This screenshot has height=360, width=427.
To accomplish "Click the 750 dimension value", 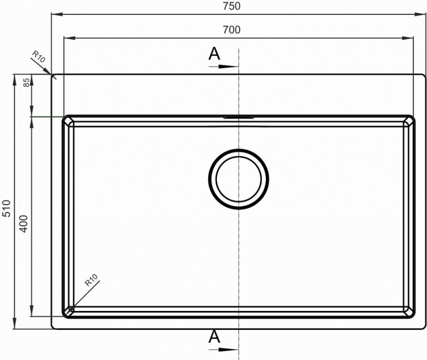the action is point(232,6).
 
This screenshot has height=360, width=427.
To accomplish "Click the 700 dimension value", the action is point(232,30).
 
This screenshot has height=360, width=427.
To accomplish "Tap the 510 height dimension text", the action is point(6,208).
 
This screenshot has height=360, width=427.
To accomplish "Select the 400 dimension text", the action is point(24,224).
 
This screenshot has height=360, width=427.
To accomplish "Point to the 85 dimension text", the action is point(26,82).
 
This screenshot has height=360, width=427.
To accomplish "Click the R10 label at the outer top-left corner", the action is point(39,56).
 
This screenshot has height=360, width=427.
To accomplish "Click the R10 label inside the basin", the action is point(91,280).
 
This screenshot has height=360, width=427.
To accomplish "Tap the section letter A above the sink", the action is point(214,54).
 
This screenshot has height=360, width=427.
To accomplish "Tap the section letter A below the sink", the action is point(214,337).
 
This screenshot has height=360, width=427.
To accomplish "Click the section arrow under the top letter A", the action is point(224,67).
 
